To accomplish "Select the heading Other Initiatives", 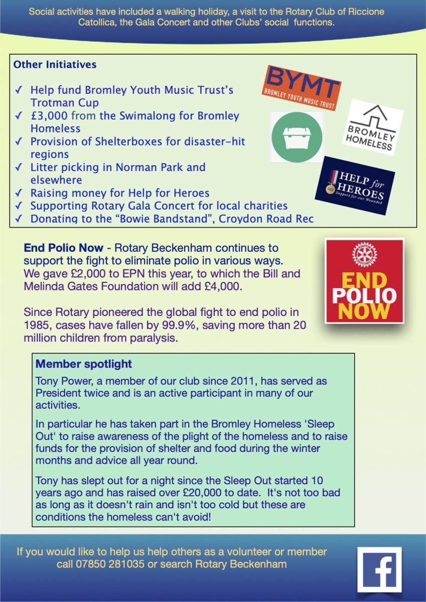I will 55,65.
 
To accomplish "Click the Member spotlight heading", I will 84,364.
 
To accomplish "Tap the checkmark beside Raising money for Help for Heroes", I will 19,193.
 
